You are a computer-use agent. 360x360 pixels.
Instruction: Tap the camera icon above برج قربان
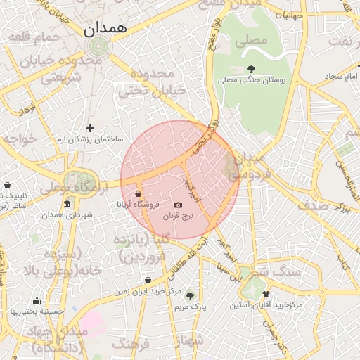[178, 205]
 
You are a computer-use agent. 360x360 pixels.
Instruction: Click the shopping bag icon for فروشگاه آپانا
[138, 193]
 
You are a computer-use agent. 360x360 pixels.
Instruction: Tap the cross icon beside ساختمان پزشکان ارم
[90, 128]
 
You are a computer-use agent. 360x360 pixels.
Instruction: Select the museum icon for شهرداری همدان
[67, 204]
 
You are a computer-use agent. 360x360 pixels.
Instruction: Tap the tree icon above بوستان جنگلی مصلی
[252, 69]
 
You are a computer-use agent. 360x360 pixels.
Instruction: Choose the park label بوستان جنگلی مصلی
[252, 81]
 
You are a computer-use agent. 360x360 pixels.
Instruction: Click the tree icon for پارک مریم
[189, 295]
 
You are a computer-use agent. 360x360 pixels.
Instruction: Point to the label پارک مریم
[189, 307]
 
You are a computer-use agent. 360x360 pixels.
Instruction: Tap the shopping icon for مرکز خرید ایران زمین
[148, 280]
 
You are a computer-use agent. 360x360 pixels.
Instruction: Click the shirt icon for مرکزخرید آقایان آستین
[266, 294]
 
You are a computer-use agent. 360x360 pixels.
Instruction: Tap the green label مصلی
[252, 40]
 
